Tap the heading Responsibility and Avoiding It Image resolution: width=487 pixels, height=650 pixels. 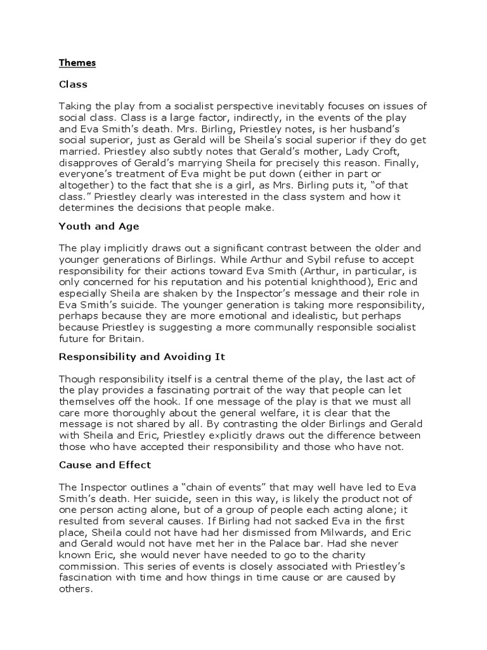[x=142, y=357]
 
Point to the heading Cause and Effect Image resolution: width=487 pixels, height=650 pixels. [x=105, y=465]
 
